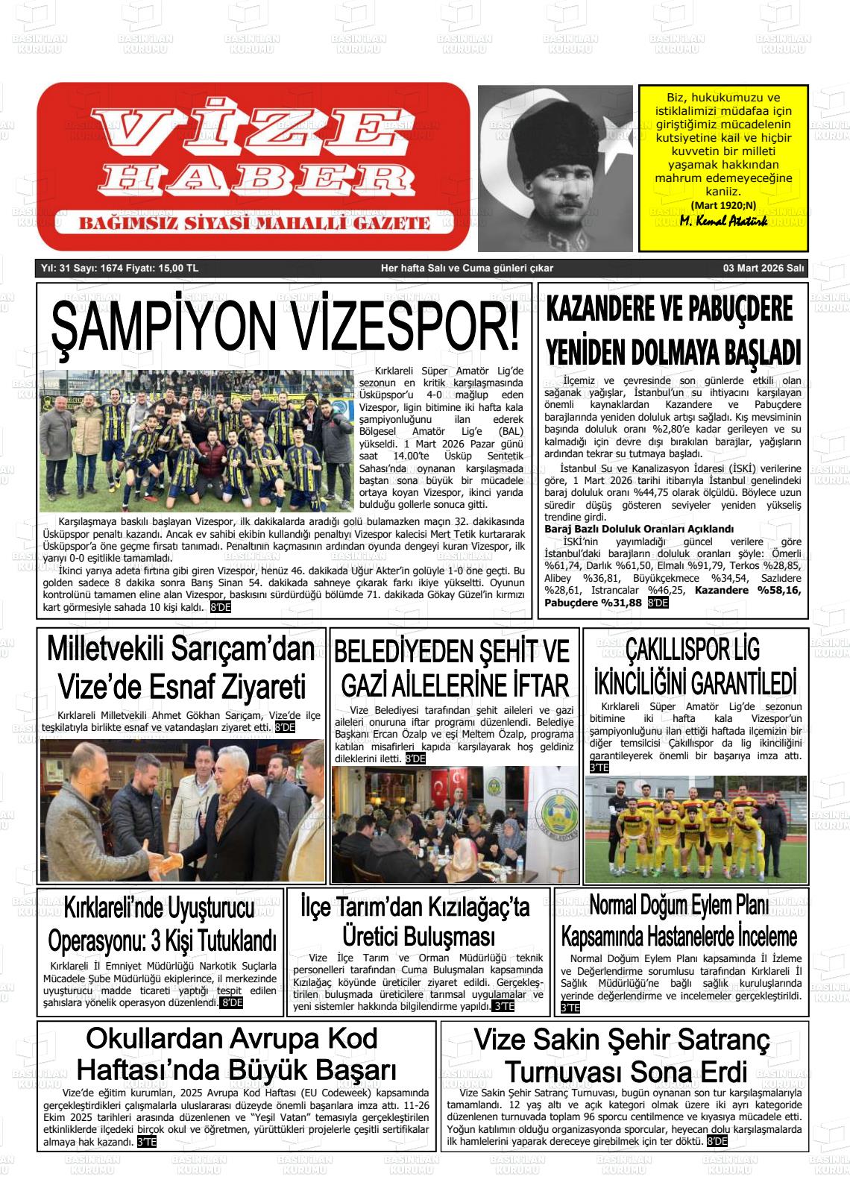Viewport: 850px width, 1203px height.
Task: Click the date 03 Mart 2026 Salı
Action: [763, 268]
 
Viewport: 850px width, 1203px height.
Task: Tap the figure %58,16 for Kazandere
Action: [778, 590]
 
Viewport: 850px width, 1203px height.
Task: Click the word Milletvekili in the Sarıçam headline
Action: [104, 650]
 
